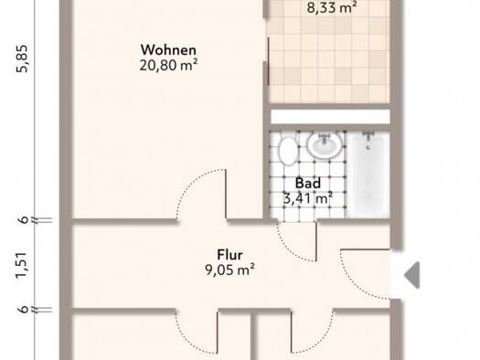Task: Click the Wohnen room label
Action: tap(168, 50)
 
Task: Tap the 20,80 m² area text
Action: tap(168, 65)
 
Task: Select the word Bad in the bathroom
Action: tap(308, 184)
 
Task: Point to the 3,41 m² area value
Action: tap(308, 198)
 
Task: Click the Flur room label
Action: tap(229, 255)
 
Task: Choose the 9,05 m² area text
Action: tap(229, 270)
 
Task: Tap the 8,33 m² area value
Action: tap(332, 7)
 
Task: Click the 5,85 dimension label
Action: tap(23, 58)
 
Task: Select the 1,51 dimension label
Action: tap(23, 266)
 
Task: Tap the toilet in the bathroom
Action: tap(288, 151)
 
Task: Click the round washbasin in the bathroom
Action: tap(325, 145)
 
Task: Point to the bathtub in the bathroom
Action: tap(368, 175)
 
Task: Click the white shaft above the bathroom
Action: tap(330, 117)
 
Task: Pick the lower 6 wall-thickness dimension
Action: tap(24, 309)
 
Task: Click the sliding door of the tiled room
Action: tap(269, 61)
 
